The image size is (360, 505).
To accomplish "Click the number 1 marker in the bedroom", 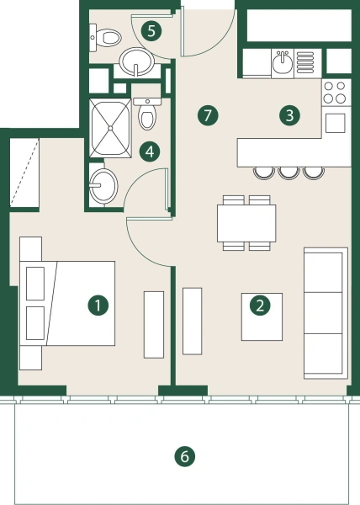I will pyautogui.click(x=99, y=306).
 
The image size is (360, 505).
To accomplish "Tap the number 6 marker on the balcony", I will pyautogui.click(x=184, y=457).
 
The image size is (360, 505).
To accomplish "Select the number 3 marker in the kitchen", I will pyautogui.click(x=289, y=115).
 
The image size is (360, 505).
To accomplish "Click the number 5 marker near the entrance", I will pyautogui.click(x=151, y=32).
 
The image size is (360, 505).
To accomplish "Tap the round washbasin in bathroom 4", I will pyautogui.click(x=105, y=184).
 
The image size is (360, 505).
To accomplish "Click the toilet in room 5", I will pyautogui.click(x=107, y=38).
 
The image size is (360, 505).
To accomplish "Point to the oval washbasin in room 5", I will pyautogui.click(x=135, y=61).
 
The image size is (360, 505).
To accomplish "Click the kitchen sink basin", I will pyautogui.click(x=283, y=61).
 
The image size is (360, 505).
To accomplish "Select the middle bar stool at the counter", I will pyautogui.click(x=289, y=172).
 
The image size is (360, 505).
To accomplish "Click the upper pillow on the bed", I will pyautogui.click(x=35, y=282).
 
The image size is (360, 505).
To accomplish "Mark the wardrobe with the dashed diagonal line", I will pyautogui.click(x=24, y=174).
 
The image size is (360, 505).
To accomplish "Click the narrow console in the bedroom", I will pyautogui.click(x=154, y=322).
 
